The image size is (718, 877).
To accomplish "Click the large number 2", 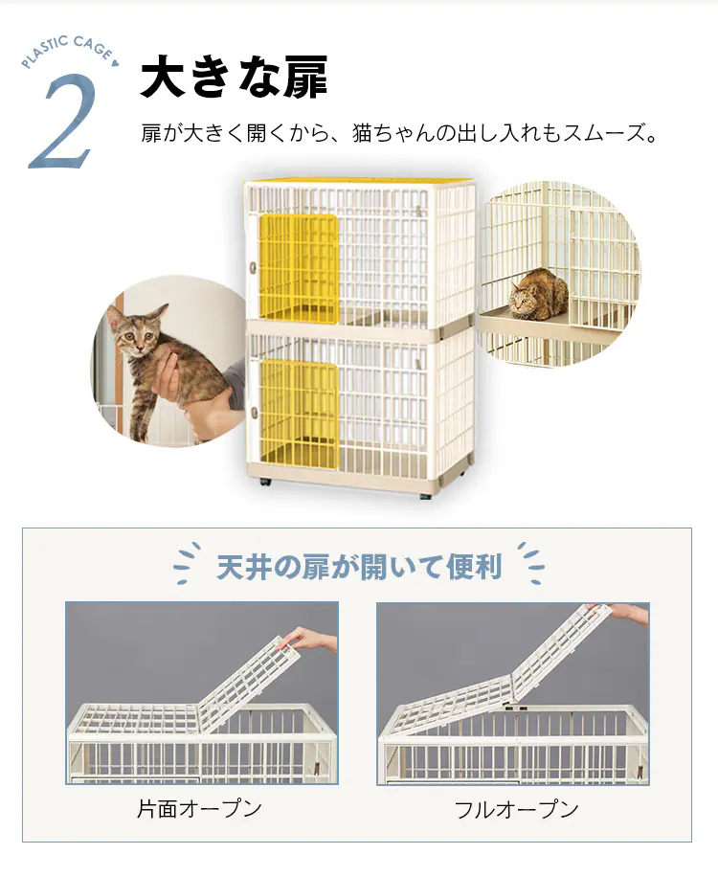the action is pos(62,123).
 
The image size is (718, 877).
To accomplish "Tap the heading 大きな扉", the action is pos(234,77).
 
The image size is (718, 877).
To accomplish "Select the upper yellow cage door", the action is pos(298,267).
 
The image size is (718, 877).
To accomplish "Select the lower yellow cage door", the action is pos(299,414).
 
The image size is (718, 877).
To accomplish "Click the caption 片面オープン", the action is pos(199,809).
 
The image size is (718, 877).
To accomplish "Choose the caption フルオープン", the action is pos(516,809).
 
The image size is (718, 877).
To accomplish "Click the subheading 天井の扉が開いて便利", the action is pos(358,567).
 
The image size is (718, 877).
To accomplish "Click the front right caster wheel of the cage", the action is pos(426,496).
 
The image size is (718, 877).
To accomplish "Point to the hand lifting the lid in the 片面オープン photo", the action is pos(312,640).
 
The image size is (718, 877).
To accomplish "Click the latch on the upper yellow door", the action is pos(253,265).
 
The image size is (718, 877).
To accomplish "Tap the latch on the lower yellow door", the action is pos(254,414).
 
